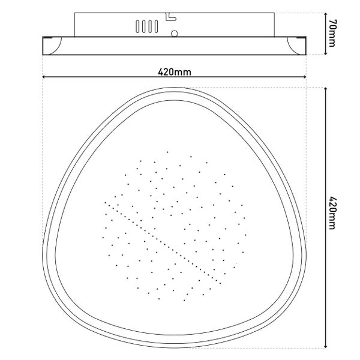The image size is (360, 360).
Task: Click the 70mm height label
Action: [332, 33]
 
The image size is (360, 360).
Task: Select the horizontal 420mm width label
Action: [175, 72]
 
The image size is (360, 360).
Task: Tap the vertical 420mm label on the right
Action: [332, 212]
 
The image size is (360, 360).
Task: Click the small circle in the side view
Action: [175, 34]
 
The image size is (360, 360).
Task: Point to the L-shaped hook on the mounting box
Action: [170, 17]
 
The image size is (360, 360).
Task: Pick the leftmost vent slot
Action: [137, 26]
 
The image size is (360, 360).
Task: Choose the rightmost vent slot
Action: [157, 26]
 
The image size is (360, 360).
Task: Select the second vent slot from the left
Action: [144, 26]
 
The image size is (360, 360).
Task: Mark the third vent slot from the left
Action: [150, 26]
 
